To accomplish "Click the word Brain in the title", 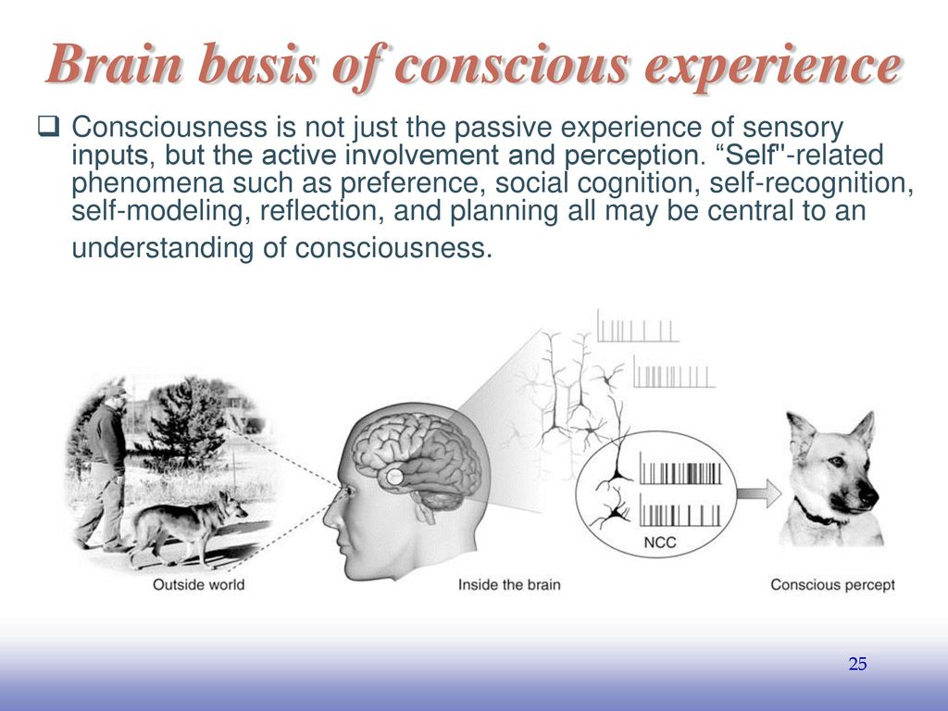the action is tap(114, 63).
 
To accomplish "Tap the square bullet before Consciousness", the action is tap(48, 127).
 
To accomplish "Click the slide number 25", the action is tap(857, 664).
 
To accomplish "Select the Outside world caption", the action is tap(198, 585).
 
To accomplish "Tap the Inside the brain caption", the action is tap(509, 585).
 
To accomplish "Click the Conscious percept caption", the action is tap(832, 585).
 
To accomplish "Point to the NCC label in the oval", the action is tap(659, 543).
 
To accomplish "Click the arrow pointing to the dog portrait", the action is tap(759, 493).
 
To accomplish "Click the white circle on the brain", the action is tap(394, 477).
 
